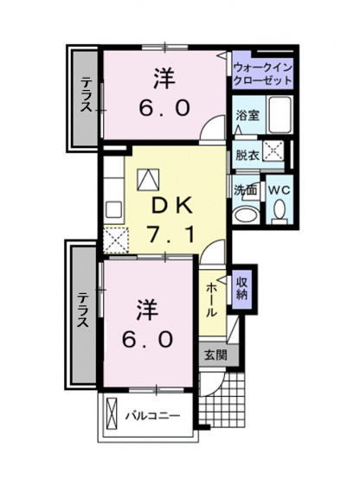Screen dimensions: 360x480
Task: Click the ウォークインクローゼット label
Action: pos(262,74)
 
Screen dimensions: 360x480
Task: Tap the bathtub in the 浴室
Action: pos(280,115)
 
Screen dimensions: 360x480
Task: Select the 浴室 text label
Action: pos(247,116)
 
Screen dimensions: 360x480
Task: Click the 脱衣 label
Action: pos(247,156)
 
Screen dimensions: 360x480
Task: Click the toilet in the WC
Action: pos(280,211)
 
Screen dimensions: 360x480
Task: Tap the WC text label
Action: pos(280,190)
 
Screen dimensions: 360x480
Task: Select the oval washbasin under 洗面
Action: pos(245,215)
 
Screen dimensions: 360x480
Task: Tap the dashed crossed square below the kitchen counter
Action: pos(115,240)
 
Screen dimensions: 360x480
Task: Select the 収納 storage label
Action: pos(241,289)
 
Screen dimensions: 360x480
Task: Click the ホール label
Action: pos(211,300)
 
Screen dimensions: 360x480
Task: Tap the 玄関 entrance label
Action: pos(215,355)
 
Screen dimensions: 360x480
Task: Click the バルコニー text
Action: pos(152,416)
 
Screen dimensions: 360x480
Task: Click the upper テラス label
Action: pos(86,94)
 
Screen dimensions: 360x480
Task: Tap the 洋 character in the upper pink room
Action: pos(164,80)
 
